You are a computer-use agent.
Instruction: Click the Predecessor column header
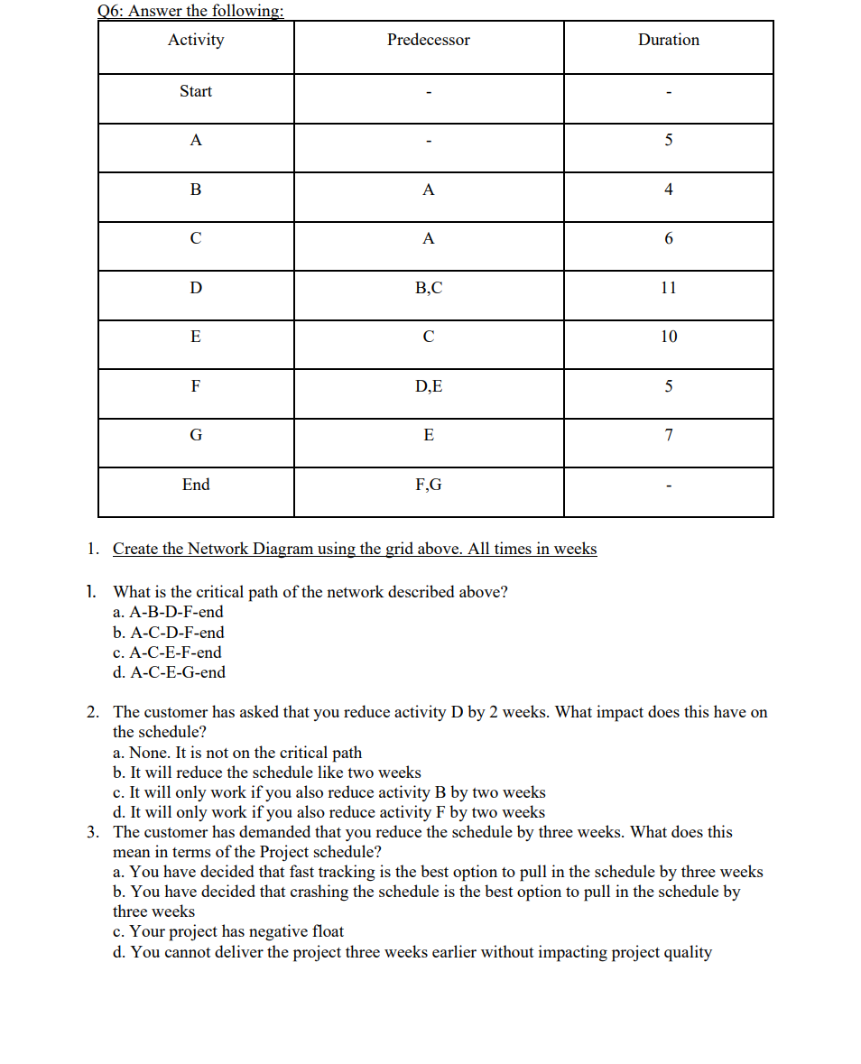(428, 40)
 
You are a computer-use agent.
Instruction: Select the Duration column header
(668, 40)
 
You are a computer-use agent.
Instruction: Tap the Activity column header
(196, 40)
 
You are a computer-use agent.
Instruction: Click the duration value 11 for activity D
(668, 288)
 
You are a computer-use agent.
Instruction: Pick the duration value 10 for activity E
(668, 337)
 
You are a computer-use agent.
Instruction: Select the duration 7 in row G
(668, 435)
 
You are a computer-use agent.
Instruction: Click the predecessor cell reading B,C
(428, 288)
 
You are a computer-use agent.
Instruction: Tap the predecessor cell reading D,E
(428, 386)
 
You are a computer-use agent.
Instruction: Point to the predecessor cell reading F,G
(428, 485)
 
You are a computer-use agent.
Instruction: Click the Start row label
(196, 91)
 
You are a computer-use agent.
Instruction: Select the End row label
(196, 485)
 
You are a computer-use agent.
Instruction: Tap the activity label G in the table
(196, 435)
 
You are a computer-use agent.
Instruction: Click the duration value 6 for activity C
(668, 238)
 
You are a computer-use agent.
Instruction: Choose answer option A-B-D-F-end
(169, 613)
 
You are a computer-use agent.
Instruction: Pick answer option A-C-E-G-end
(170, 672)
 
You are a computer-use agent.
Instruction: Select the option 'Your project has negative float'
(228, 931)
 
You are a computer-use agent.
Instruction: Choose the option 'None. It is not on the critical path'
(237, 753)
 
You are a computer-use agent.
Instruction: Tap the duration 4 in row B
(668, 190)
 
